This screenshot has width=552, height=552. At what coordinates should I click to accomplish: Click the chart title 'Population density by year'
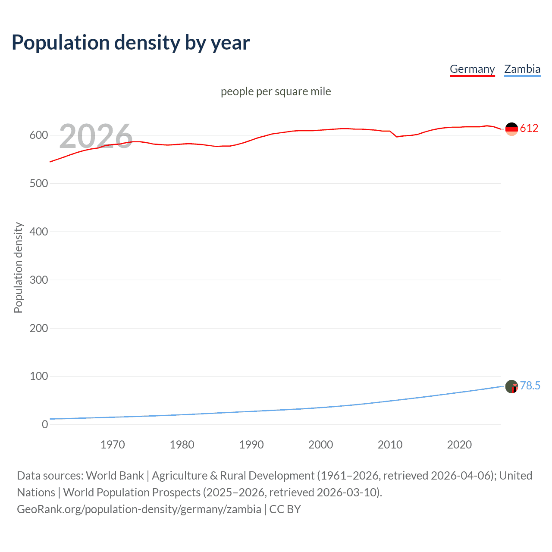(131, 43)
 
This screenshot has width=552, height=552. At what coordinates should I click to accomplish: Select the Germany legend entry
(472, 69)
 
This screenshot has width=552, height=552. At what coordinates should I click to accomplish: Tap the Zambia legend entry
(522, 69)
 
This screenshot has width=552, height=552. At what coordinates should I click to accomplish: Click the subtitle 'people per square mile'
(276, 91)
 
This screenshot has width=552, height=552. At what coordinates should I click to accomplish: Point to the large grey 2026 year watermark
(96, 136)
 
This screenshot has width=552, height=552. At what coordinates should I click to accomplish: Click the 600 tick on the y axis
(39, 135)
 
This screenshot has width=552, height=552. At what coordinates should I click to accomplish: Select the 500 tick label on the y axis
(39, 184)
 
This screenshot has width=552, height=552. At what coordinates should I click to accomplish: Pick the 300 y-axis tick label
(39, 280)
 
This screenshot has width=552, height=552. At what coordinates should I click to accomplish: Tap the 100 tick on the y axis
(39, 376)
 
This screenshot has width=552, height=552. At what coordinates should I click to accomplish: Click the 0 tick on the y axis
(45, 425)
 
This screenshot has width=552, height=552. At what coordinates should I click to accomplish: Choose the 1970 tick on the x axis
(113, 445)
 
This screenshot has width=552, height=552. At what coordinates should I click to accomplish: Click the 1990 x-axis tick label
(251, 445)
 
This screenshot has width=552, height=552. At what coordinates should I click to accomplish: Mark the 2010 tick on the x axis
(390, 445)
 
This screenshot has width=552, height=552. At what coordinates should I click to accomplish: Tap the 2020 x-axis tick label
(459, 445)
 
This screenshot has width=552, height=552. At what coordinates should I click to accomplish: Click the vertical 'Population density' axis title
(18, 267)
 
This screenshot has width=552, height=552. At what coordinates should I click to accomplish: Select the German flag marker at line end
(511, 129)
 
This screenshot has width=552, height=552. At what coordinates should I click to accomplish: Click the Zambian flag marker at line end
(511, 386)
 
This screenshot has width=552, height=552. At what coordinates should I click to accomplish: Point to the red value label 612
(529, 129)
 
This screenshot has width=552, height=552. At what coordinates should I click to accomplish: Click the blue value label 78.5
(530, 386)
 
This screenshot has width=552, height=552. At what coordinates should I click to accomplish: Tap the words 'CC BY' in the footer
(285, 509)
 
